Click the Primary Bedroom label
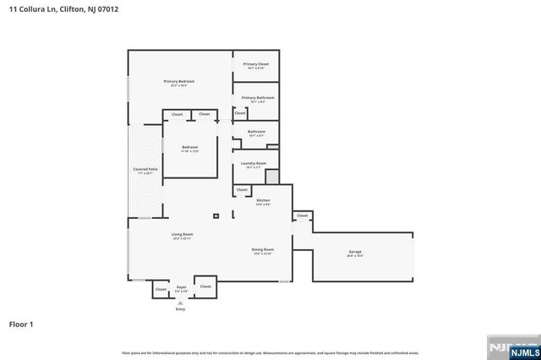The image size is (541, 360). coord(178,81)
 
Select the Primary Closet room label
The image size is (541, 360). coord(255,64)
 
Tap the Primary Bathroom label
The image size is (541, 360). coord(255,97)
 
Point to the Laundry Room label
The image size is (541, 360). coord(254,163)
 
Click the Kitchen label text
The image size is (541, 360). coord(263,200)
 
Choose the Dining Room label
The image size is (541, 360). coord(263,250)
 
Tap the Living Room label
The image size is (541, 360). coord(183,235)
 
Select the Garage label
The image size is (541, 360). coord(355,252)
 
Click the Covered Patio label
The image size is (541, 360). coord(145,169)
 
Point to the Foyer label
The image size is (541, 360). coord(181,287)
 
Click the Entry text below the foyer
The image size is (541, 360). coord(180,309)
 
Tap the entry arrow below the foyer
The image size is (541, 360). coord(180,303)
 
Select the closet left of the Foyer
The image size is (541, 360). coord(161,289)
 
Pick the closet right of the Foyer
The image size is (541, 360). coord(205,286)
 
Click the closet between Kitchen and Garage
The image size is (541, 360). coord(303,215)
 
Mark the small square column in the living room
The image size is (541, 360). coord(216,216)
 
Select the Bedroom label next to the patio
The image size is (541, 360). coord(189,148)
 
